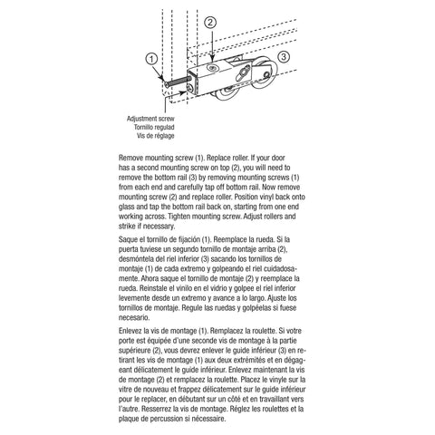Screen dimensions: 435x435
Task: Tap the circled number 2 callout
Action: [209, 21]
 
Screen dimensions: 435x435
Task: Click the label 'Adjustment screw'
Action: [151, 118]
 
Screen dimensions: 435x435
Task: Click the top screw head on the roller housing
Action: [211, 65]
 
